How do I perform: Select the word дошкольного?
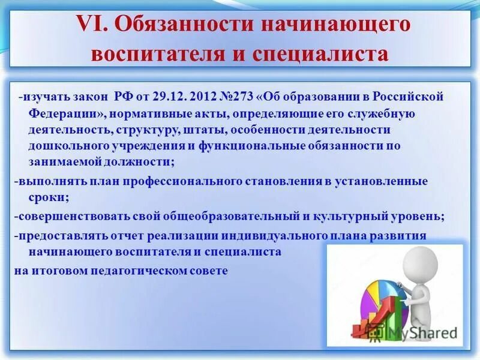[61, 146]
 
